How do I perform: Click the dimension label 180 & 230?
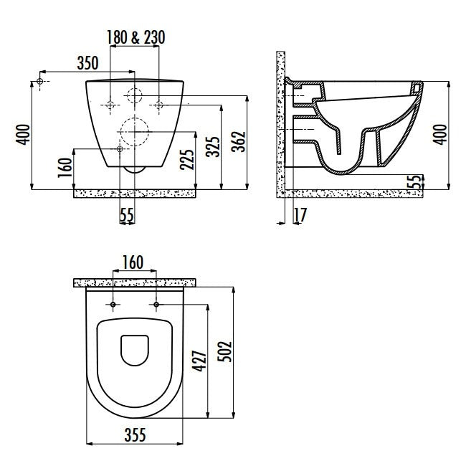tap(135, 38)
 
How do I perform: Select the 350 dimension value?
tap(88, 62)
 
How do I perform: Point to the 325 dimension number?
tap(212, 146)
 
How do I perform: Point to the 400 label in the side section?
tap(440, 133)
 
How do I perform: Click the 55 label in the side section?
tap(414, 181)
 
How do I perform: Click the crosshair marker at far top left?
tap(41, 82)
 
